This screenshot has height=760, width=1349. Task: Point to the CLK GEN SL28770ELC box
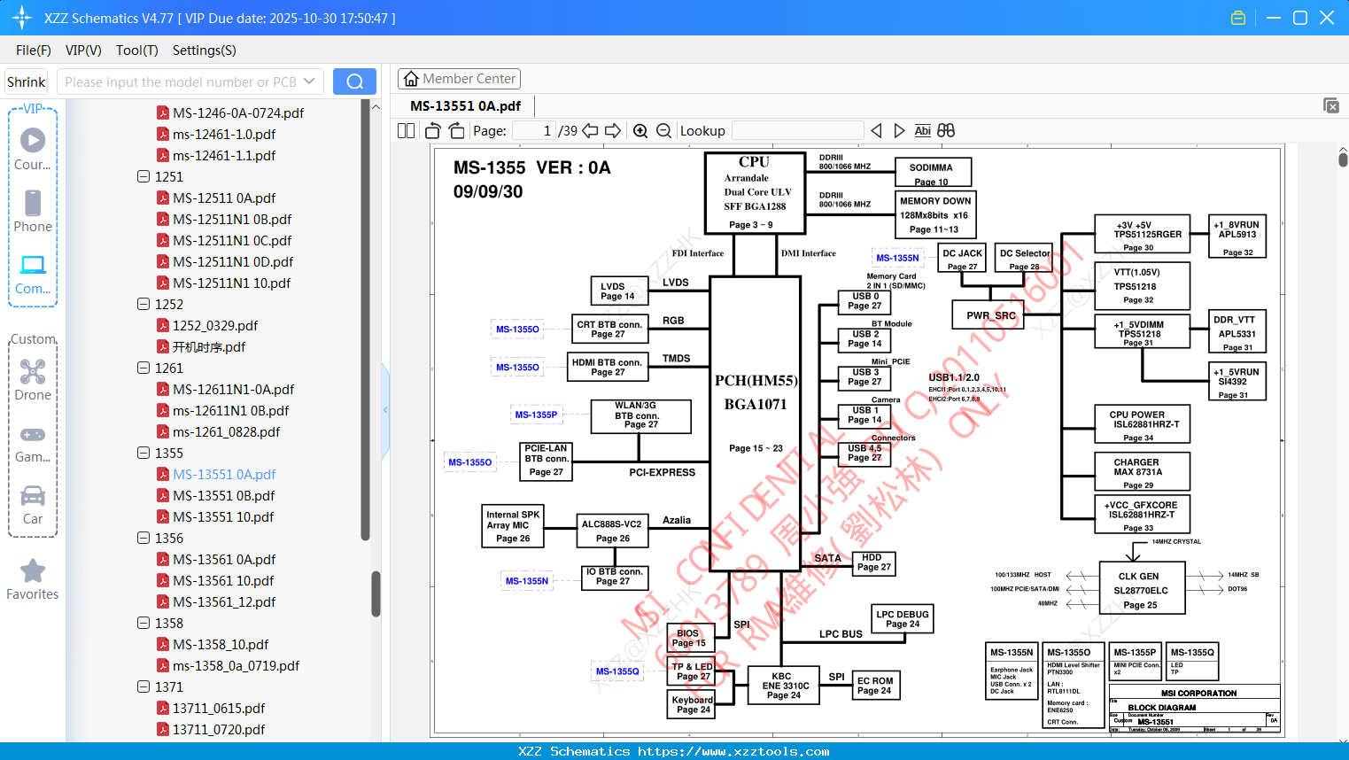tap(1142, 588)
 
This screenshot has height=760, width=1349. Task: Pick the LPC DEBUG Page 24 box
tap(902, 618)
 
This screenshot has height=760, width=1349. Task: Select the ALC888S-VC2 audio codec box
tap(612, 530)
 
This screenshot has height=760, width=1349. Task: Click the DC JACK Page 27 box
tap(962, 259)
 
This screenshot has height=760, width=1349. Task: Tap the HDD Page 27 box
tap(873, 562)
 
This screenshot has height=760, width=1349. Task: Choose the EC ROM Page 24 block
tap(875, 686)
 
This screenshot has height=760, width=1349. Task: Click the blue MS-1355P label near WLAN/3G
tap(536, 415)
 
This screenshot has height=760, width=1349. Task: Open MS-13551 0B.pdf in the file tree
tap(223, 496)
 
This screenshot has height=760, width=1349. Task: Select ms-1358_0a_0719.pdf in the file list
tap(236, 666)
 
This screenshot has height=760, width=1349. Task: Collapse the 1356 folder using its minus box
tap(143, 538)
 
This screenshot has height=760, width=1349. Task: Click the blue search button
tap(354, 81)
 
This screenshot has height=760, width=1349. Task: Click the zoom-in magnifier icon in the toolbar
tap(640, 131)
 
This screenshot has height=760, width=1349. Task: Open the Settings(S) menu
tap(204, 50)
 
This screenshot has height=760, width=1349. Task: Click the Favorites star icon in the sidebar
tap(33, 571)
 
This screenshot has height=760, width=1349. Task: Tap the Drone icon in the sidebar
tap(33, 372)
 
